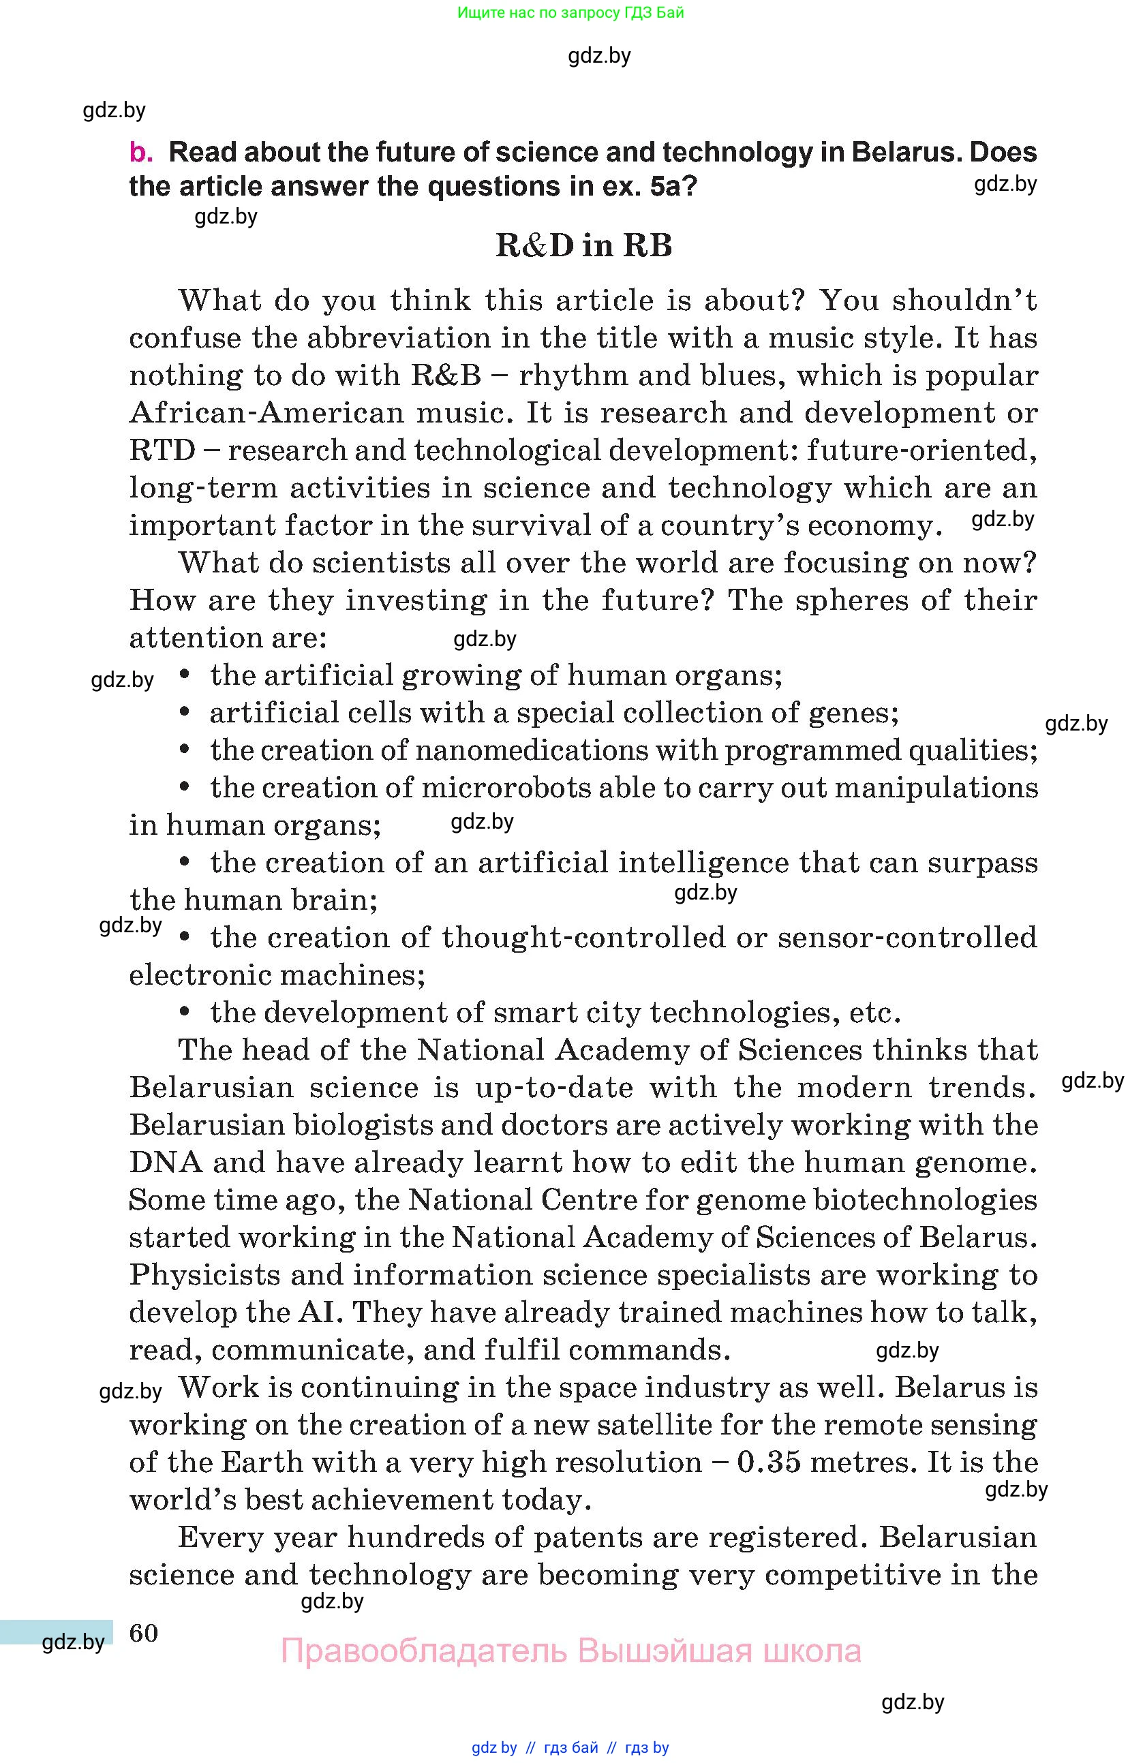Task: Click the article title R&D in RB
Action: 583,246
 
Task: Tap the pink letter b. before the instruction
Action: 141,153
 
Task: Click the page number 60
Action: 144,1633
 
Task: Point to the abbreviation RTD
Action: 162,450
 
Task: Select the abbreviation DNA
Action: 165,1162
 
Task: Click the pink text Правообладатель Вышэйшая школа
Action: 570,1651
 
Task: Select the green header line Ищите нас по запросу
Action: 570,12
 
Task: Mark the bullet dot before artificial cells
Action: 185,713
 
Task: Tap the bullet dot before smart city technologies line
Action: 185,1013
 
